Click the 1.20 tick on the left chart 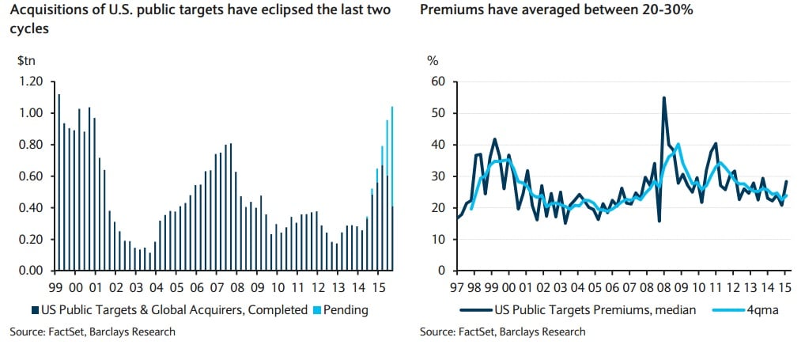click(x=29, y=81)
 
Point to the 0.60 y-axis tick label click(x=29, y=176)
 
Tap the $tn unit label click(x=25, y=61)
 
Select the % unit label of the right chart click(x=433, y=61)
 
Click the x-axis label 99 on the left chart click(x=56, y=286)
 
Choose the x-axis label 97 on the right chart click(x=456, y=286)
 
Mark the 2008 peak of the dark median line click(x=663, y=98)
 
